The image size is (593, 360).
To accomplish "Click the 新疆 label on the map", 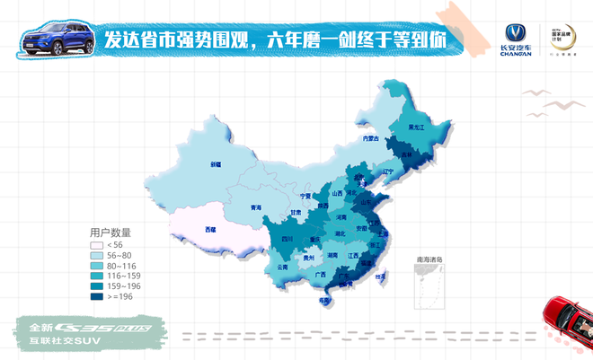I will pos(216,164).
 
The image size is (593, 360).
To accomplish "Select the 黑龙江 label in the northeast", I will pos(418,128).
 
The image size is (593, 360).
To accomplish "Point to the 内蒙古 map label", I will pos(370,138).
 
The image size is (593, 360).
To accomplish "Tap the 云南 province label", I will pos(282,267).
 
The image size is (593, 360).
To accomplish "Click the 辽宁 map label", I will pos(388,171).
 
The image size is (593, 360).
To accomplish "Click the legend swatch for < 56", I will pos(96,245).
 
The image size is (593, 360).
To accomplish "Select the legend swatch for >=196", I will pos(96,295).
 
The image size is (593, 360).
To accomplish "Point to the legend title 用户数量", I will pos(110,232).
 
